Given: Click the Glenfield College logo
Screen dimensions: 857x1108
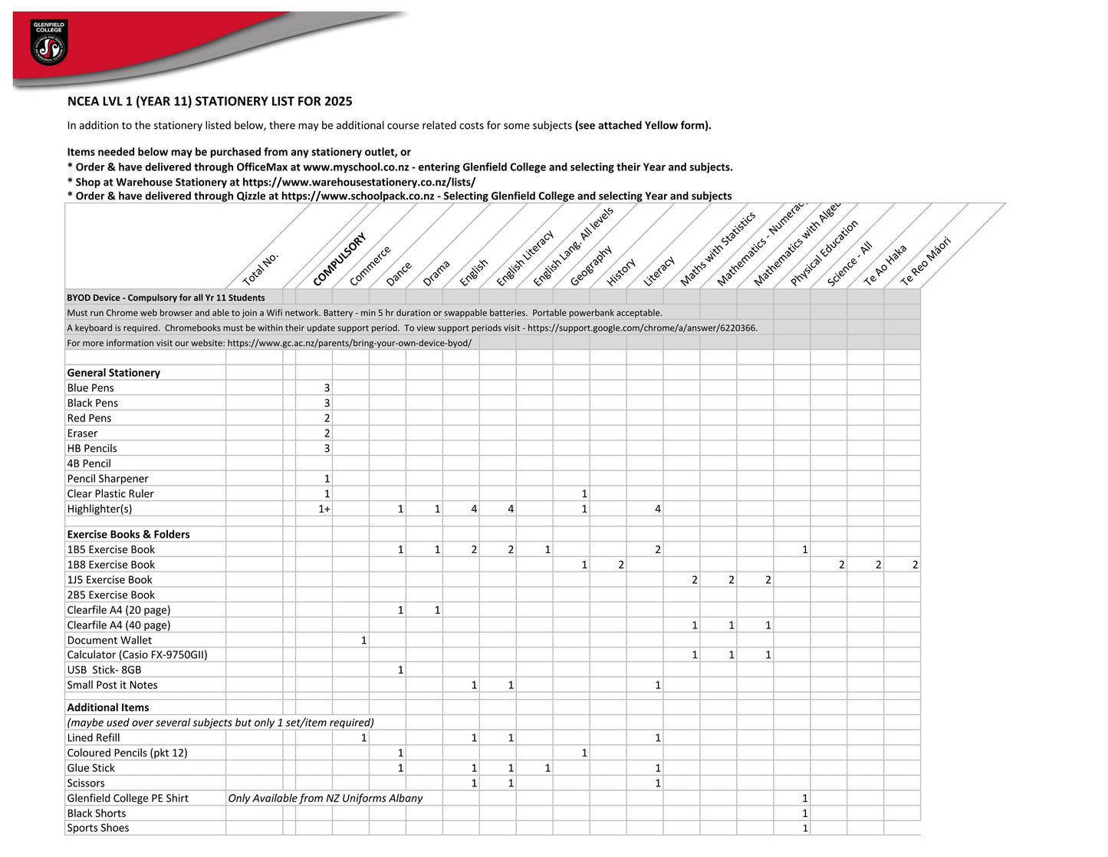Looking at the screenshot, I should point(48,42).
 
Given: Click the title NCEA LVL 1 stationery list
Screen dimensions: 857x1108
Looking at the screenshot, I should point(209,101).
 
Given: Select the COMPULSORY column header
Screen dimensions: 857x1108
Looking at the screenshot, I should point(340,259).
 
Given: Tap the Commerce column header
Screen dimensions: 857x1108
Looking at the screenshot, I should point(370,265).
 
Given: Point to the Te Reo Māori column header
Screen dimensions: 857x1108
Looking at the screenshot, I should point(926,261).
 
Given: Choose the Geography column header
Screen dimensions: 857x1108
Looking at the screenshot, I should point(591,265).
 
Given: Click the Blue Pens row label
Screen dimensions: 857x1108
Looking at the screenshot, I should point(90,388).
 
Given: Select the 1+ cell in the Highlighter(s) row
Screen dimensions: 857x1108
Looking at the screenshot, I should point(324,509).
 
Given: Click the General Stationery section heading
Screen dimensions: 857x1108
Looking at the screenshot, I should point(113,373).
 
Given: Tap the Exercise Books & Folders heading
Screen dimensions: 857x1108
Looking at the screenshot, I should point(128,535).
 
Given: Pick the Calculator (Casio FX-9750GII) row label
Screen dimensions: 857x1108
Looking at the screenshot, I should point(137,655).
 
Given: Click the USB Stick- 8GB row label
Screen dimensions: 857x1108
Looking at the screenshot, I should point(104,670).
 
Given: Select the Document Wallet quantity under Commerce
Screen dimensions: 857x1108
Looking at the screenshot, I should point(363,640).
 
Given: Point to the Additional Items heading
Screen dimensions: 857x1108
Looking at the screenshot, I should point(108,707).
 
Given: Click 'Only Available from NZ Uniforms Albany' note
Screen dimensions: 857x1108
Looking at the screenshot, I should point(325,799).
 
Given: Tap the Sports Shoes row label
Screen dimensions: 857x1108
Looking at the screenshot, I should point(98,829).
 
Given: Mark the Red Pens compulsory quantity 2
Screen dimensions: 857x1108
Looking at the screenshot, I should point(327,418).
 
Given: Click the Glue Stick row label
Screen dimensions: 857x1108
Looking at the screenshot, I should point(91,768).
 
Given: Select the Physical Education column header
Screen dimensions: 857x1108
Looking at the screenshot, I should point(824,253).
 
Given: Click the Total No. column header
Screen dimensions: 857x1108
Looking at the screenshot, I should point(261,269).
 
